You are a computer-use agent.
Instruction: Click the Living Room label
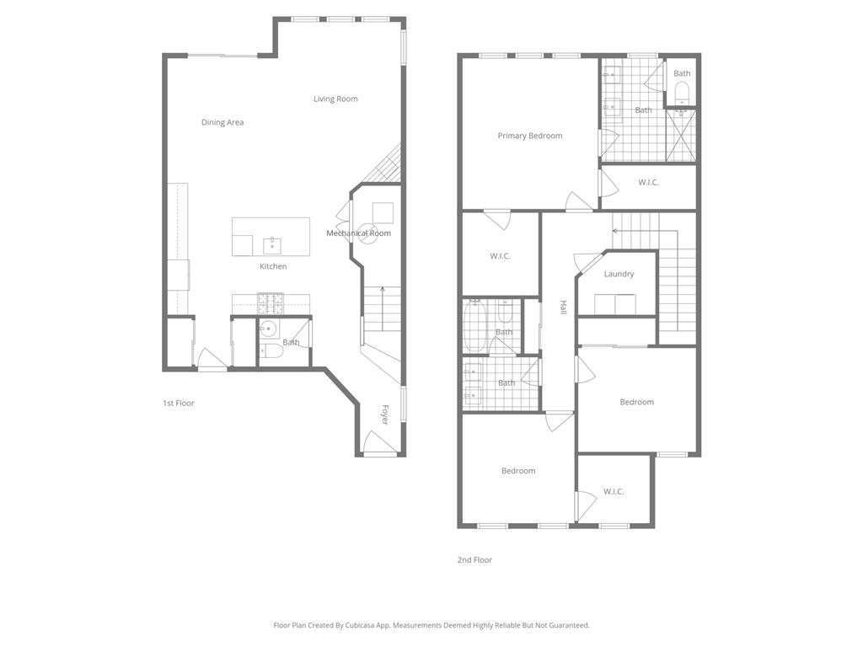tap(335, 99)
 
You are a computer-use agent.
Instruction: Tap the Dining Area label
tap(222, 123)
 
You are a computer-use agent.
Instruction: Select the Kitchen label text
tap(273, 267)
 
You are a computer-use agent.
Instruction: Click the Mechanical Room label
tap(358, 233)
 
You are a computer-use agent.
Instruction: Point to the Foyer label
tap(385, 414)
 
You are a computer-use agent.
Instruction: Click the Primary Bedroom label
tap(529, 136)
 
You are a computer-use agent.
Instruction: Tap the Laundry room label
tap(619, 275)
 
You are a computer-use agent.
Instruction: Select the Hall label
tap(563, 308)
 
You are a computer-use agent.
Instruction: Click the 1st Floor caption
tap(179, 404)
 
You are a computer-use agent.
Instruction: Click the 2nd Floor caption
tap(475, 560)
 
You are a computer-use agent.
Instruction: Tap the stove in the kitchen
tap(271, 302)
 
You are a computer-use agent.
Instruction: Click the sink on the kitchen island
tap(271, 246)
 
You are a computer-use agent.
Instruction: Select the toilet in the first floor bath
tap(271, 350)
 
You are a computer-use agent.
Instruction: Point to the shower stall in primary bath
tap(681, 135)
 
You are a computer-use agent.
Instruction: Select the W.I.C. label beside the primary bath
tap(648, 183)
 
